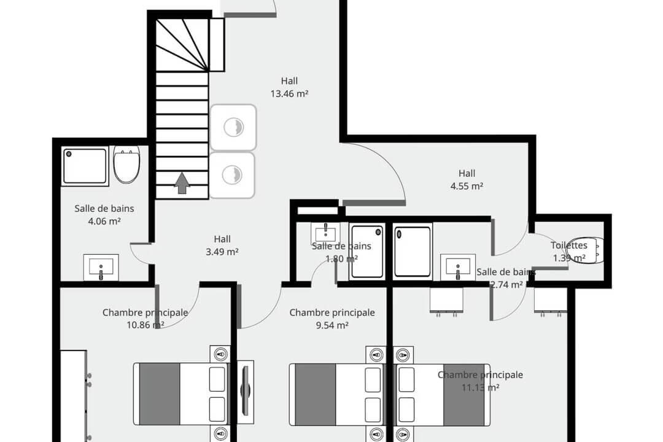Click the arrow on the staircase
coord(182,183)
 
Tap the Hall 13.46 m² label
coord(289,87)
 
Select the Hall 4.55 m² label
coord(467,180)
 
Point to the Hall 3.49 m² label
coord(222,245)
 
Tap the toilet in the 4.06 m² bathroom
coord(127,165)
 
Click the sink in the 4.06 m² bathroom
coord(101,267)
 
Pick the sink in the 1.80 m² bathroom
coord(325,233)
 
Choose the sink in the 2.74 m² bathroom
coord(457,268)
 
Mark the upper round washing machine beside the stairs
coord(233,127)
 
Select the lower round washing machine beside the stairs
coord(233,175)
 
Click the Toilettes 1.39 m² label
coord(569,251)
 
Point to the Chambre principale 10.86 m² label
coord(145,319)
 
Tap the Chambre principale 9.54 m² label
coord(331,319)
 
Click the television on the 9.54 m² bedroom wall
coord(246,391)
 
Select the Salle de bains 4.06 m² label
coord(104,214)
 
